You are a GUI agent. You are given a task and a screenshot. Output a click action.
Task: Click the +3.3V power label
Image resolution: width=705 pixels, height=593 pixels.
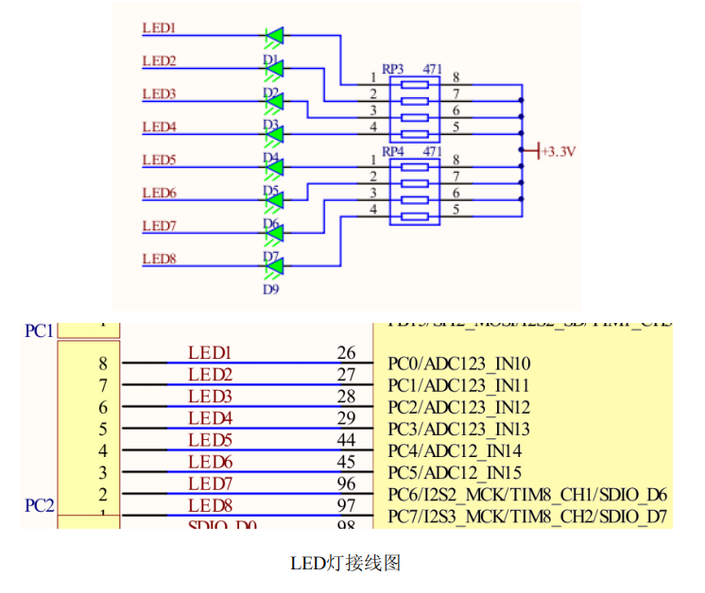[x=559, y=151]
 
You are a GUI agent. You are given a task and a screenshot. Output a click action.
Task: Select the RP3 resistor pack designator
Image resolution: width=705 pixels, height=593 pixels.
[x=393, y=70]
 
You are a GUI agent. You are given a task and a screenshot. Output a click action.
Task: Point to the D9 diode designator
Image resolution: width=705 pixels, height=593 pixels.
[x=271, y=290]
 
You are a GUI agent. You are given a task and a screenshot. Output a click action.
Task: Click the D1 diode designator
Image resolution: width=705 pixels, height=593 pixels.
[x=271, y=59]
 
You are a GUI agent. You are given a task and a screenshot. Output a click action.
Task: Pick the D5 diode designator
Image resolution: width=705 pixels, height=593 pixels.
[x=271, y=191]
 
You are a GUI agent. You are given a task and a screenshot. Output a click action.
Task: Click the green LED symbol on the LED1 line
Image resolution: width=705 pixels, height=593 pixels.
[x=274, y=37]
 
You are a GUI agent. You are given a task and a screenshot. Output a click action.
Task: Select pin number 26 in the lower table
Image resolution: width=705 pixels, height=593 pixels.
[x=346, y=353]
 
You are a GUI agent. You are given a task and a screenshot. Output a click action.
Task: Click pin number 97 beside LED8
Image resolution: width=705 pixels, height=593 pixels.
[x=346, y=506]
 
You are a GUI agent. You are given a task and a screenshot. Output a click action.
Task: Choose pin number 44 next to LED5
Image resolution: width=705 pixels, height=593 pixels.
[x=346, y=440]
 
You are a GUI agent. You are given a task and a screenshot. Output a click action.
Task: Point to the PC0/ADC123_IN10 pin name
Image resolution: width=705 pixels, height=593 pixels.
[x=459, y=364]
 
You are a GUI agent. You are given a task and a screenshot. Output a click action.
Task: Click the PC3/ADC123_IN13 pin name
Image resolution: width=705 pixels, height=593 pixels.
[x=459, y=429]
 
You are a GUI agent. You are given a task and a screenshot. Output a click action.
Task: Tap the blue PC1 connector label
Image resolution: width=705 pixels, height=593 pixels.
[x=39, y=331]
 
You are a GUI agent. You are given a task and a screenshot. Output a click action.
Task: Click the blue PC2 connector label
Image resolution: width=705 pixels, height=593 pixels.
[x=39, y=506]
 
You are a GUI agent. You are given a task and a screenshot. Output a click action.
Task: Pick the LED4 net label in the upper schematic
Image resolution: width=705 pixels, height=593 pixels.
[x=159, y=127]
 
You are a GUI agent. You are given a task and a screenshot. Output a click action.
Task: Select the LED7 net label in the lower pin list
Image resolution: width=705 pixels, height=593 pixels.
[x=210, y=483]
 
